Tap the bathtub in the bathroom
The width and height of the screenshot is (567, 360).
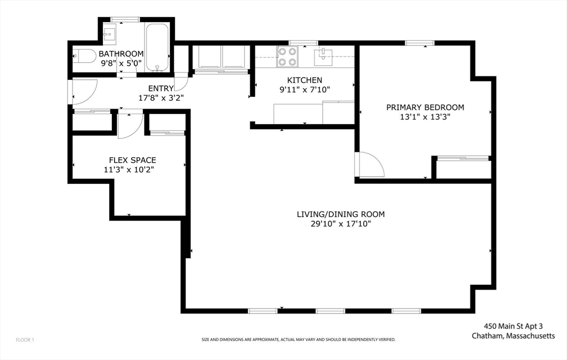tap(157, 48)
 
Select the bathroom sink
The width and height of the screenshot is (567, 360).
tap(109, 34)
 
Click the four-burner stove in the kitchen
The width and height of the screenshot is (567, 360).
tap(287, 57)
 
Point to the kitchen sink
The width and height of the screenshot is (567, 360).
tap(323, 56)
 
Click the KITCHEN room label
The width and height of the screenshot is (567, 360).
tap(305, 80)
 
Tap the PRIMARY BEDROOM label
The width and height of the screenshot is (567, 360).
tap(425, 107)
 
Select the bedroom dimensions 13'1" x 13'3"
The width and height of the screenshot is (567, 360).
tap(425, 117)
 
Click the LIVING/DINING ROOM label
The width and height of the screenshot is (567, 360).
tap(341, 214)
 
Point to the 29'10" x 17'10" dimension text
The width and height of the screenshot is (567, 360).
tap(341, 224)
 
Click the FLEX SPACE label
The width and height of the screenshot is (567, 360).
tap(132, 160)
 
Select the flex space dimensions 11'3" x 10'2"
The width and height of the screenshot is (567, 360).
tap(129, 169)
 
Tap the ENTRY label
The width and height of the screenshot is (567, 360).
tap(161, 88)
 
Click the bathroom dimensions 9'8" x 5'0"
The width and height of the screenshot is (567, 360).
tap(121, 63)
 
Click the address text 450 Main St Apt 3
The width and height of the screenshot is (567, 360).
tap(513, 327)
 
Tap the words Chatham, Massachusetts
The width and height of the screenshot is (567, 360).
tap(513, 336)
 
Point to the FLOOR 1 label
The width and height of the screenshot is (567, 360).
tap(25, 340)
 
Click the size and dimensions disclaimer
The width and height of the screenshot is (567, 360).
tap(298, 340)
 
